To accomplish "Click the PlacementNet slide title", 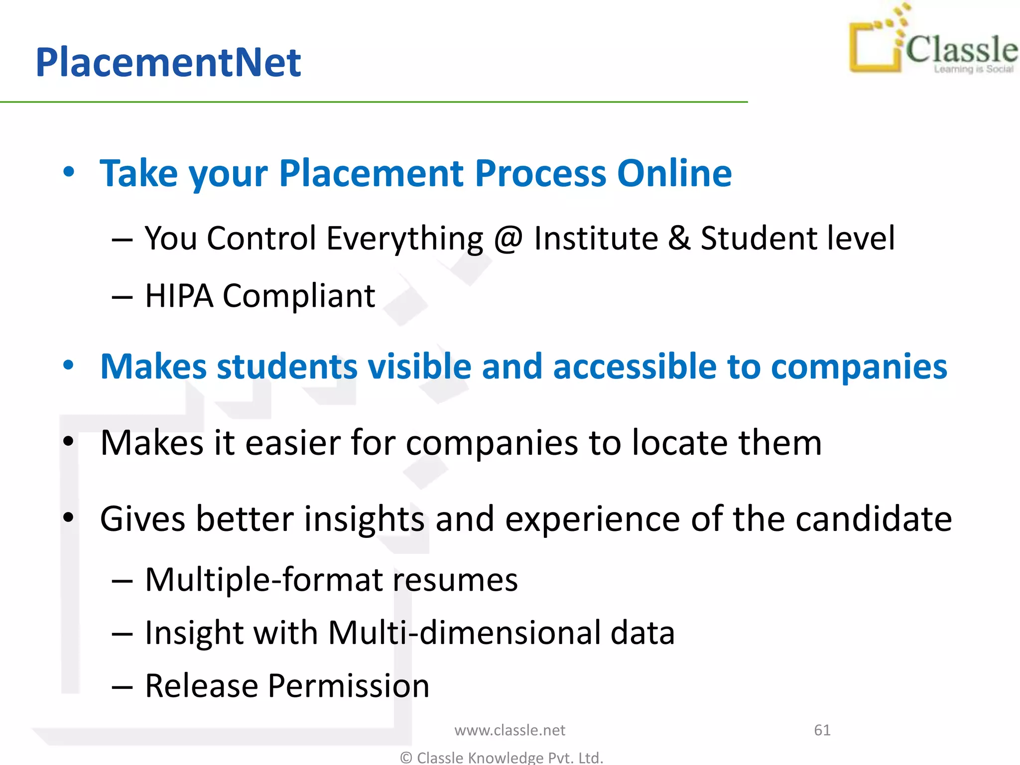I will pos(168,62).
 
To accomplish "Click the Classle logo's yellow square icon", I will pos(875,47).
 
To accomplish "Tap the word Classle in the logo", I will pos(961,50).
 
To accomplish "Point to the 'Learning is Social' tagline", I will pos(973,69).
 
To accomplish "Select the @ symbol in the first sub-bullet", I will pos(508,238).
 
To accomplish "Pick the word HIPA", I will pos(179,296).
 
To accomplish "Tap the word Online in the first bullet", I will pos(674,173).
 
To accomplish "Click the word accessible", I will pos(635,367).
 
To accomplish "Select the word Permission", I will pos(348,686).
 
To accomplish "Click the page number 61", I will pos(822,730).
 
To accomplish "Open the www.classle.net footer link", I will pos(510,730).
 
